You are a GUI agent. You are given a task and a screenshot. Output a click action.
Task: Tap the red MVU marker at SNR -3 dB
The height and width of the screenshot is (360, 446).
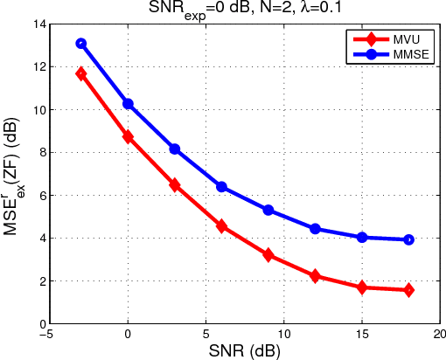click(81, 74)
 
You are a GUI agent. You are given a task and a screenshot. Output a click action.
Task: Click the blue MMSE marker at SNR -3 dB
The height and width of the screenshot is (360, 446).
click(81, 43)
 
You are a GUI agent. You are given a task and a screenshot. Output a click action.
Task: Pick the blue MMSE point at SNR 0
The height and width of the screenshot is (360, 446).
click(128, 104)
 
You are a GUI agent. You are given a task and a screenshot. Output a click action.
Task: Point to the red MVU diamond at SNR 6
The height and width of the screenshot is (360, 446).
click(221, 226)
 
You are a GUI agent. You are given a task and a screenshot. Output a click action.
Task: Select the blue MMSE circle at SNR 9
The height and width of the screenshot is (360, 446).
click(268, 210)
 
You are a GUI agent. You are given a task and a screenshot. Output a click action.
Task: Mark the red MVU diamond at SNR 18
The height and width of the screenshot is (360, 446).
click(408, 290)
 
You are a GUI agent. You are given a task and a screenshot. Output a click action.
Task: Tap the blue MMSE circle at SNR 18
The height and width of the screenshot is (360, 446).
click(408, 239)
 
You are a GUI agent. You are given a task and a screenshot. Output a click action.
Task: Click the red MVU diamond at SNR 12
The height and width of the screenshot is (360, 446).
click(315, 276)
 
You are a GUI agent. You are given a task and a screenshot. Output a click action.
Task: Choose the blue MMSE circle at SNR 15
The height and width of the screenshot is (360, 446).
click(362, 237)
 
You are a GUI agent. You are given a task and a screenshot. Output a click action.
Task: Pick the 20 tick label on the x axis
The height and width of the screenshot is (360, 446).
click(440, 333)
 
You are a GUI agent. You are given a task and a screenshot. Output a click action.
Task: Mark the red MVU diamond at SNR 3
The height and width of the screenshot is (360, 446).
click(175, 185)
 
